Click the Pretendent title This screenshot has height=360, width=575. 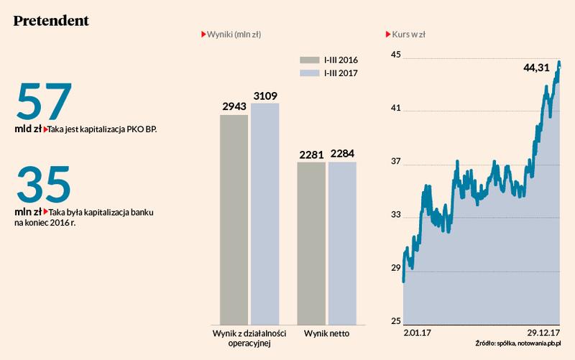pos(51,21)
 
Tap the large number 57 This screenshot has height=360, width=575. pos(44,101)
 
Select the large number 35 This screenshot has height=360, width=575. pos(44,185)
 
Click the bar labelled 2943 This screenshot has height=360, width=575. pos(234,218)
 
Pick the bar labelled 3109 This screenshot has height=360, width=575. pos(264,213)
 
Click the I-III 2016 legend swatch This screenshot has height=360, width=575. pos(310,60)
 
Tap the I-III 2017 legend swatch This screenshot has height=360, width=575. pos(310,73)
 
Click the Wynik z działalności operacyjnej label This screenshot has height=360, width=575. pos(249,338)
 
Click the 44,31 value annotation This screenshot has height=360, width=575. pos(536,68)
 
